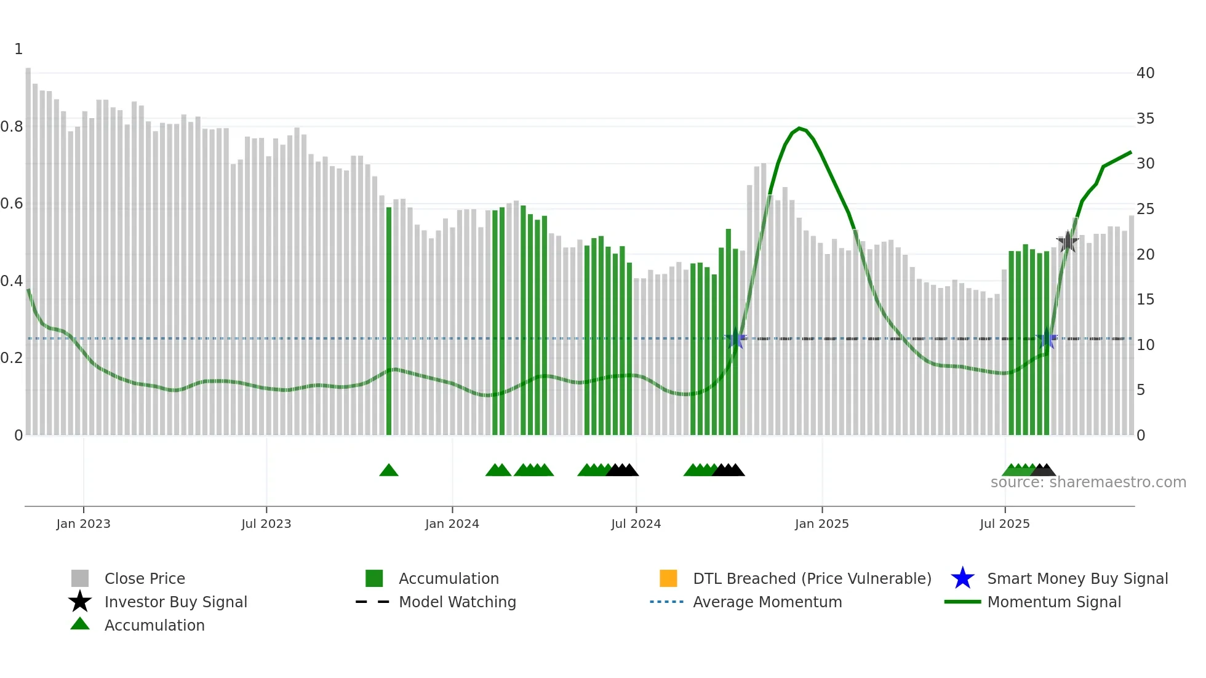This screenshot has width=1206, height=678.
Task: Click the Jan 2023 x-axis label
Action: (x=83, y=524)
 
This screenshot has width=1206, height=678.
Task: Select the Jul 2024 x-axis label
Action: (x=636, y=524)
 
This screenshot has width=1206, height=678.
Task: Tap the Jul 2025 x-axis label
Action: (x=1004, y=524)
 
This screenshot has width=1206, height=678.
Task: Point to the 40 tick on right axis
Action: (x=1145, y=73)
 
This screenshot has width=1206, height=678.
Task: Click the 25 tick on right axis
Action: (x=1145, y=209)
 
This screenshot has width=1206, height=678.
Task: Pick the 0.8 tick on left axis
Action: (x=12, y=127)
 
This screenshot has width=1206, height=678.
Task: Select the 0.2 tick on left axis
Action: (x=12, y=358)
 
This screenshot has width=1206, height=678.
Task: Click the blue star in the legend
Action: (x=962, y=578)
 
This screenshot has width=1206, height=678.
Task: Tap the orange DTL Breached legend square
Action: (x=668, y=578)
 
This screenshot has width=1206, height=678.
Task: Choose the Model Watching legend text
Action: (x=457, y=602)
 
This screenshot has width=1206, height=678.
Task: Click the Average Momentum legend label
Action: (x=767, y=602)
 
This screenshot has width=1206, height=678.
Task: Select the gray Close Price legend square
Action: (x=80, y=578)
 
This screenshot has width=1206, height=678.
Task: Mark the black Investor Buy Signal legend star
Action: (x=80, y=602)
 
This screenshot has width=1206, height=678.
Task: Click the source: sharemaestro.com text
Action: (x=1088, y=482)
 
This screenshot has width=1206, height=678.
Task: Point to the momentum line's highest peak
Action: (x=799, y=128)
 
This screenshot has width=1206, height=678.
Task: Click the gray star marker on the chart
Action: (x=1068, y=241)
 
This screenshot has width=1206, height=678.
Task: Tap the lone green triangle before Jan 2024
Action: (x=389, y=471)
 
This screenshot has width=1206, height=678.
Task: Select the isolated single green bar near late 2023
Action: (x=389, y=320)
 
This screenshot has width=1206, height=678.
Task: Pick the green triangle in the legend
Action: (x=80, y=624)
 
